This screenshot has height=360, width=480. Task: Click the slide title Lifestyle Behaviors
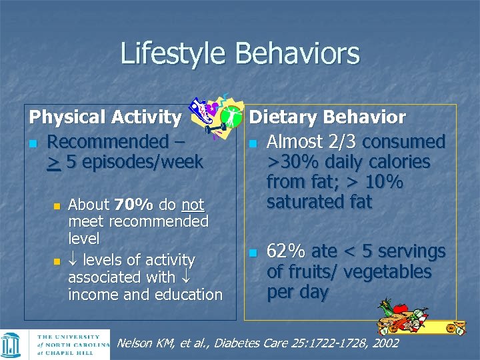click(x=239, y=54)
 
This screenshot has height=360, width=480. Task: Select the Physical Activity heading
click(x=105, y=118)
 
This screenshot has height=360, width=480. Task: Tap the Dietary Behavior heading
click(x=327, y=118)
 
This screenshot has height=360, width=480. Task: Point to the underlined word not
click(x=193, y=204)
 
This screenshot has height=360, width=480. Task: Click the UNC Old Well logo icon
click(x=13, y=345)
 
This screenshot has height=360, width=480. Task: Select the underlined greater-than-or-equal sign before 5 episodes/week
click(x=53, y=162)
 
